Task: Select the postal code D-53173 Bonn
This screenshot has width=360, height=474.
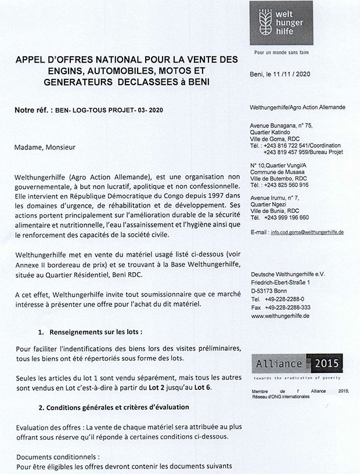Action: pyautogui.click(x=271, y=289)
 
